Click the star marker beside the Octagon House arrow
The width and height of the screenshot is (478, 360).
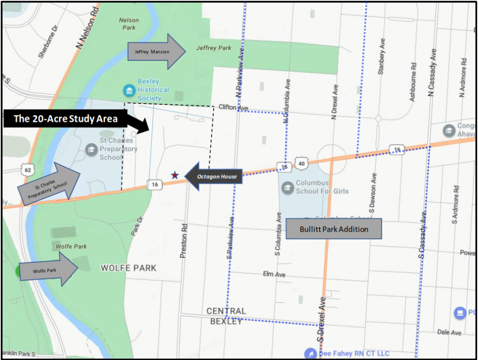click(x=175, y=175)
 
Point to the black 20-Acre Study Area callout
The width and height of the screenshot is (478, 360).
click(x=75, y=119)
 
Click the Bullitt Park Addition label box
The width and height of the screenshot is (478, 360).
click(x=334, y=229)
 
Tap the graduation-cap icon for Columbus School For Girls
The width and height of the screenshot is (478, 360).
click(x=287, y=187)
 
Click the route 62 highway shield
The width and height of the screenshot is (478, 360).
click(x=28, y=170)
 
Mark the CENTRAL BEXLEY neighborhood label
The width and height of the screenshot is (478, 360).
click(x=227, y=316)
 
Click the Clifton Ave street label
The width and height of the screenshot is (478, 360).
click(x=234, y=107)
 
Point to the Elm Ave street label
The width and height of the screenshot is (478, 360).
click(x=274, y=275)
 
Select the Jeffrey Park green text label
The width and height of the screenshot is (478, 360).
click(x=214, y=48)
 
